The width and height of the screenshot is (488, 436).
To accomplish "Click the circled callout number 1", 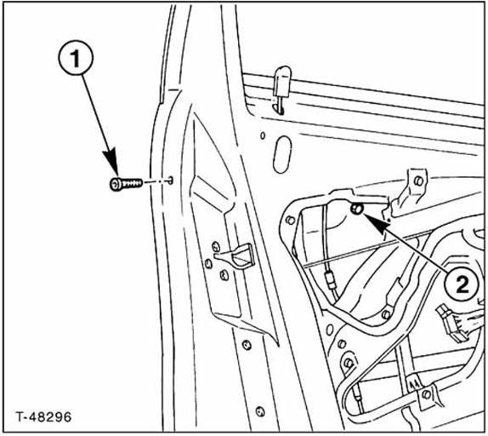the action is (76, 58).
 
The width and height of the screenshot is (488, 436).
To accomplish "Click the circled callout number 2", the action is (462, 284).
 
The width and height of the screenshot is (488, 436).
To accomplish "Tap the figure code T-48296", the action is (44, 416).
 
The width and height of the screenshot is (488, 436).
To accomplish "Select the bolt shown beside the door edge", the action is (126, 184).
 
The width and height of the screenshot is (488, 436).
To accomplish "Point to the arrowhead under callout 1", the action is (111, 163).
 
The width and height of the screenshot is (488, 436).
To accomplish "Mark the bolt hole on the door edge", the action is (170, 181).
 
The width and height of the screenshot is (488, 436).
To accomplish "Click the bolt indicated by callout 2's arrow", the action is (357, 209).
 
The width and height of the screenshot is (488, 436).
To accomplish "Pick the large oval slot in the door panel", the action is (282, 155).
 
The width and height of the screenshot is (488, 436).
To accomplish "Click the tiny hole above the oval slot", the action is (263, 135).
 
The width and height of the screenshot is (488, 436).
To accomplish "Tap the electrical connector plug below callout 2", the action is (452, 324).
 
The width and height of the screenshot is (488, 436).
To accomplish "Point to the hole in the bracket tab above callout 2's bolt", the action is (419, 181).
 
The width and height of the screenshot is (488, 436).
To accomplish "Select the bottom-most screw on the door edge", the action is (260, 411).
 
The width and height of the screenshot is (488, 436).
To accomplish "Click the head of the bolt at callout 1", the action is (116, 184).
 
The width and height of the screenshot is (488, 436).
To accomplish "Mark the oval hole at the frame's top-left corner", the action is (290, 221).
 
